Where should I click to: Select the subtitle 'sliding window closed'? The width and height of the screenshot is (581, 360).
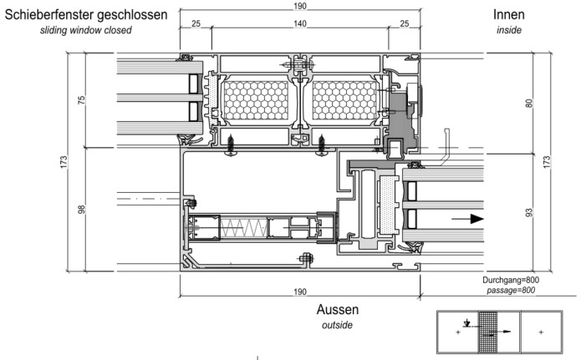pos(86,30)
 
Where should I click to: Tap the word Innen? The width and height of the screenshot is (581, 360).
pos(508,14)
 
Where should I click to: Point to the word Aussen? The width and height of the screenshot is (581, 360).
pos(337,309)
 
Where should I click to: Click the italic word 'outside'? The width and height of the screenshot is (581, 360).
pos(337,325)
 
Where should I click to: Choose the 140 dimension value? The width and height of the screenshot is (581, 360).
pos(298,24)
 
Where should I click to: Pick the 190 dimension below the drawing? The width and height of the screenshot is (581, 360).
pos(298,291)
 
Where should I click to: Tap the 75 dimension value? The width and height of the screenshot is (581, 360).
pos(82,100)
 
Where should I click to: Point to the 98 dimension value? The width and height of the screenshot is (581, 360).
pos(82,209)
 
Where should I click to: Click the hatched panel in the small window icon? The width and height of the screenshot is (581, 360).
pos(487,332)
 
